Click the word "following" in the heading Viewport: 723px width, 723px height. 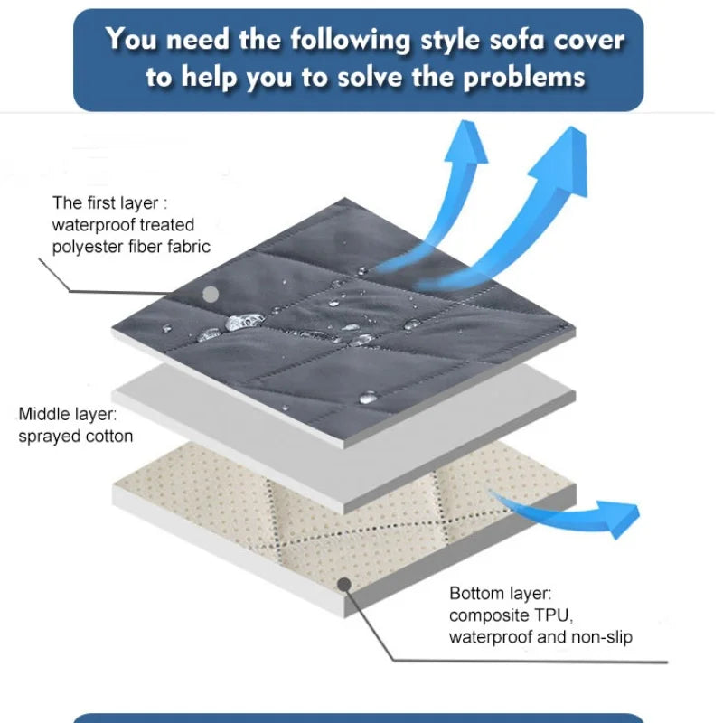[x=350, y=41]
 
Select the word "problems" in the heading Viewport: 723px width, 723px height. [x=524, y=78]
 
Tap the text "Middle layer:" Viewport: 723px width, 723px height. [x=67, y=414]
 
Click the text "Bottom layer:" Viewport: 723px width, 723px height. [x=501, y=594]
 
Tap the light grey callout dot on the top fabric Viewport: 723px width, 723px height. [x=211, y=295]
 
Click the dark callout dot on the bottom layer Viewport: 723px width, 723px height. [x=344, y=585]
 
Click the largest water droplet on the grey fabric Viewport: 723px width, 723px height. [x=244, y=322]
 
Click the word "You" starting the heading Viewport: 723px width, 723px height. [x=129, y=39]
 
